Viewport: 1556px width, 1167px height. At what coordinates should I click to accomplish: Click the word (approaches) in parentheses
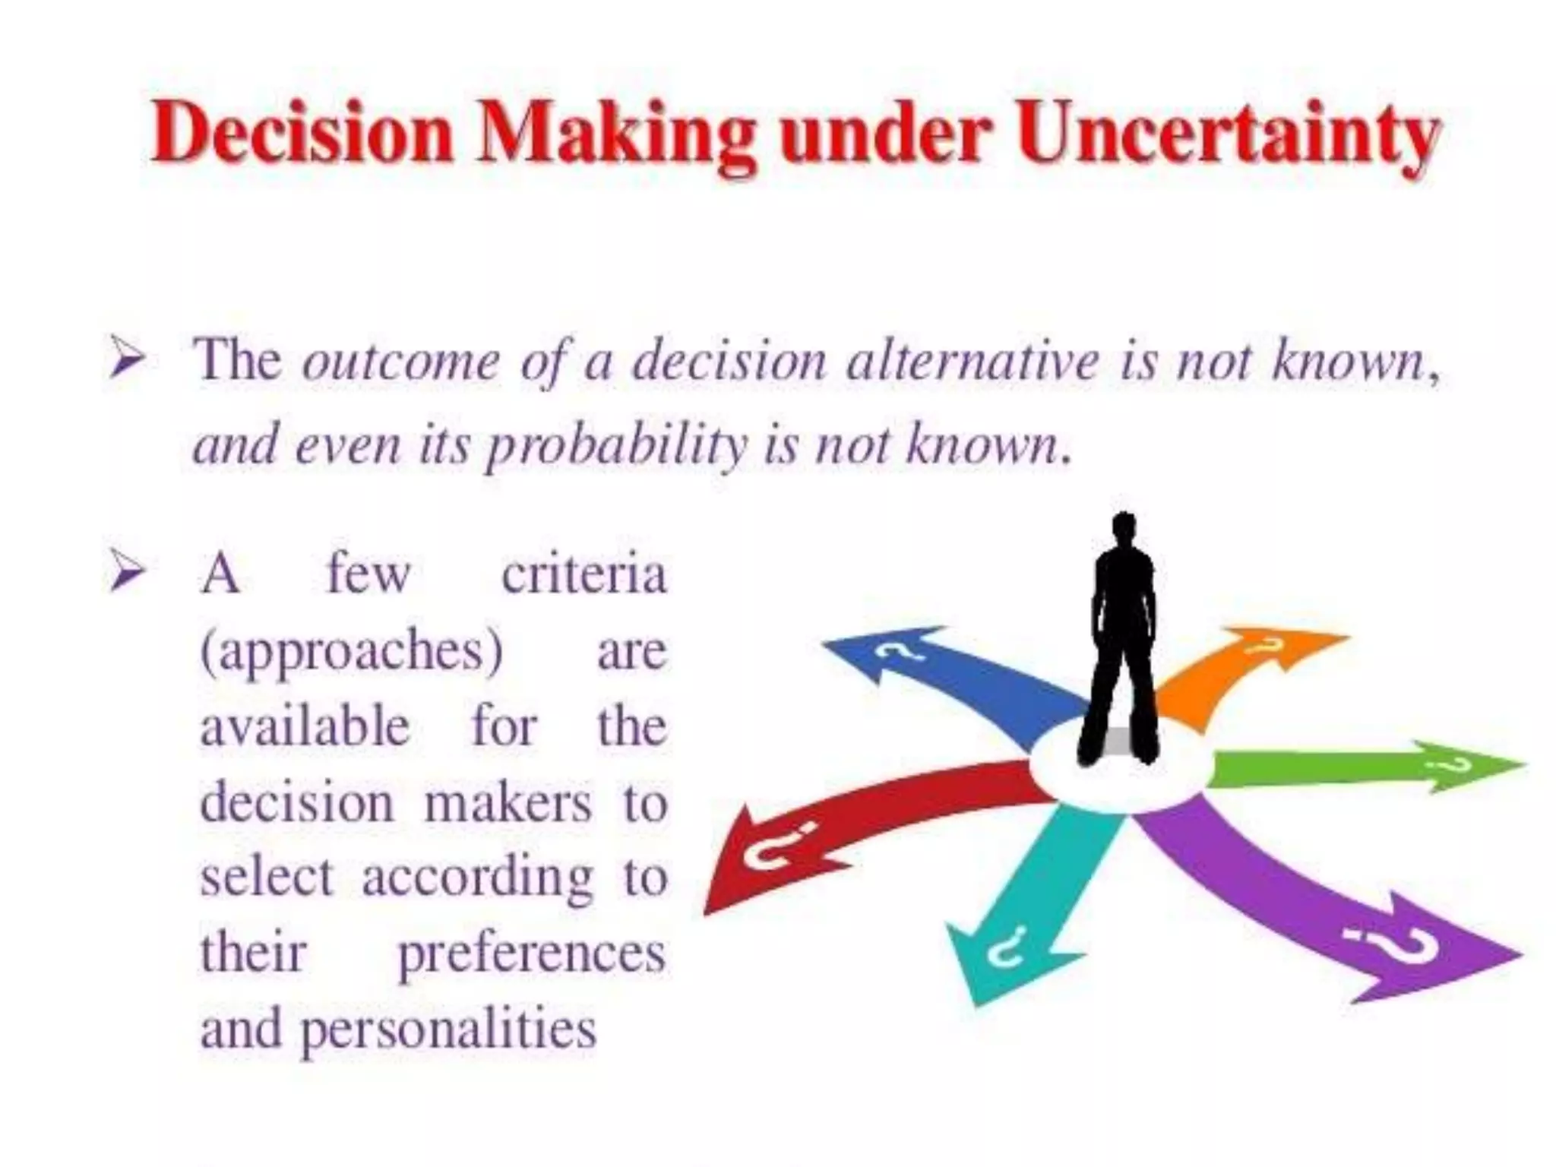tap(351, 652)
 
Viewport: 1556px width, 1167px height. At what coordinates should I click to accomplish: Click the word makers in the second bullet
tap(508, 802)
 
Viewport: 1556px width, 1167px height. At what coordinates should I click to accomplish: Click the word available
tap(305, 726)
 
